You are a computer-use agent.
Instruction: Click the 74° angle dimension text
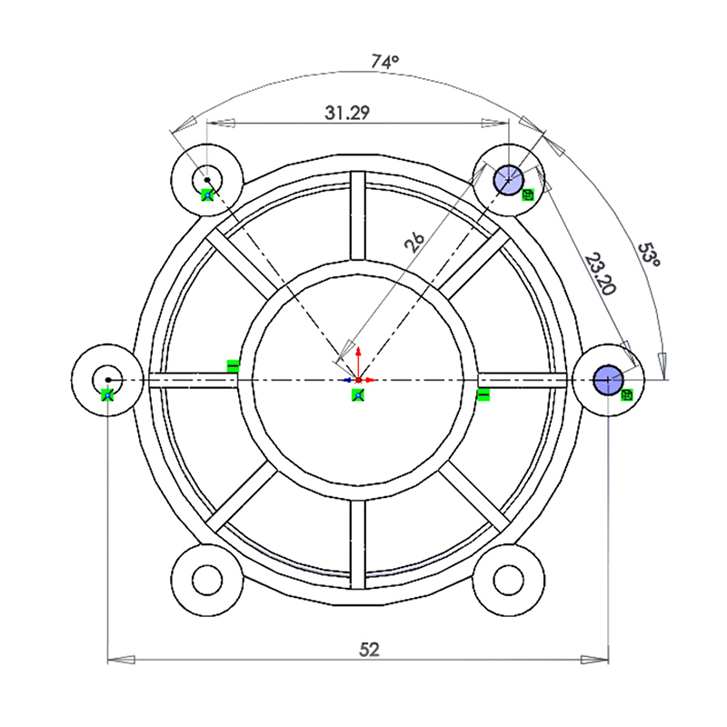tap(384, 61)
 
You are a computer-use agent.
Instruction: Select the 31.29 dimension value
tap(347, 113)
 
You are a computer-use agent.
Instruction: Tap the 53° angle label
tap(649, 255)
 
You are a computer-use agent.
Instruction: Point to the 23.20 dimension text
tap(601, 274)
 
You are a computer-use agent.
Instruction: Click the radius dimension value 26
tap(414, 242)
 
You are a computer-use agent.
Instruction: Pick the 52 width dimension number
tap(369, 650)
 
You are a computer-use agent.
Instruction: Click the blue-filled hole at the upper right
tap(509, 180)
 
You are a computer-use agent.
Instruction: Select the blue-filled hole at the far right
tap(608, 380)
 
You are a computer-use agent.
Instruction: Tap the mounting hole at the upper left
tap(207, 180)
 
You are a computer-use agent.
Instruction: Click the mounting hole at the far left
tap(107, 380)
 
